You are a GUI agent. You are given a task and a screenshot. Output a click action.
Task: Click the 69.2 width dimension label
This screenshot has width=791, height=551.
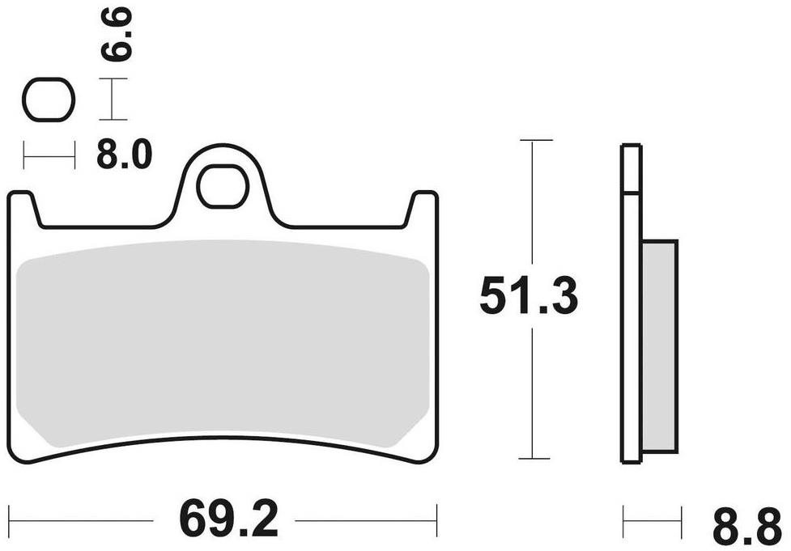228,519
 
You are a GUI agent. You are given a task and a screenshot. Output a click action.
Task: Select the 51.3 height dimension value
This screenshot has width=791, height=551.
528,296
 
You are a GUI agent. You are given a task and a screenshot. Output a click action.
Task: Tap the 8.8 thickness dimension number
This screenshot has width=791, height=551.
746,526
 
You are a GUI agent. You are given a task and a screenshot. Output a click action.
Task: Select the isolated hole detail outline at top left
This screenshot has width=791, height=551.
49,100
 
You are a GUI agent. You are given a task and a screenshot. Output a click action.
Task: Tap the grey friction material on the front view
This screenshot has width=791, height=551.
223,344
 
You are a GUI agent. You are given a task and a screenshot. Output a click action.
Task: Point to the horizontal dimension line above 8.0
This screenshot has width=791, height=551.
49,154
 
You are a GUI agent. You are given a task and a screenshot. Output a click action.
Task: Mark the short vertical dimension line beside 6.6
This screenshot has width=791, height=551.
113,100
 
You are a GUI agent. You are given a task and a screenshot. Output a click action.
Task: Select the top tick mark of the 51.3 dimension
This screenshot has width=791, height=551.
536,140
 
